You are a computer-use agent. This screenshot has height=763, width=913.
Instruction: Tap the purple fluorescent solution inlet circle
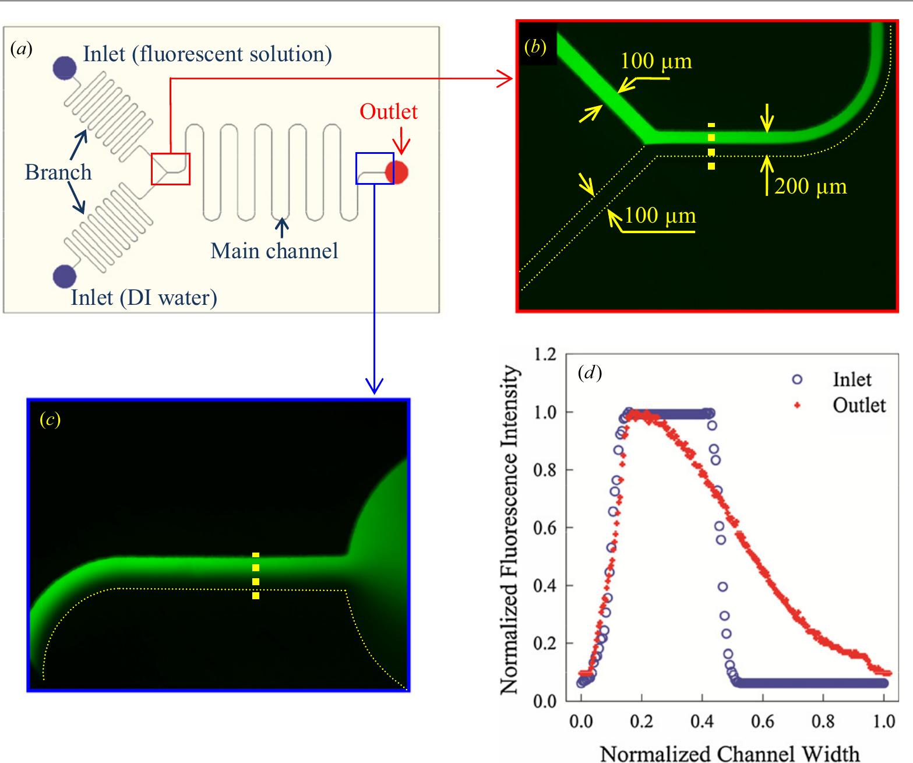pyautogui.click(x=64, y=68)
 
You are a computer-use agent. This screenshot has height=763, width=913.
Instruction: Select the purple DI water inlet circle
pyautogui.click(x=64, y=276)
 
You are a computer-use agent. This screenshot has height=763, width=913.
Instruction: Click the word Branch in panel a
pyautogui.click(x=58, y=173)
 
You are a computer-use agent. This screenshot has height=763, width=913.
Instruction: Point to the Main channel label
pyautogui.click(x=274, y=251)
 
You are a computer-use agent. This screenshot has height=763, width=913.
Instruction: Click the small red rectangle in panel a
pyautogui.click(x=171, y=169)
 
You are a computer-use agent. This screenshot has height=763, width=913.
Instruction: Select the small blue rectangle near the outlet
pyautogui.click(x=375, y=168)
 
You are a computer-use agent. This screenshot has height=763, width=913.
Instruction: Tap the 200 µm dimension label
pyautogui.click(x=810, y=186)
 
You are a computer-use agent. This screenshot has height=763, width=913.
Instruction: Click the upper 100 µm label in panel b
pyautogui.click(x=656, y=61)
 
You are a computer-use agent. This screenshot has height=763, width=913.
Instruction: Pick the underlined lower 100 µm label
pyautogui.click(x=660, y=216)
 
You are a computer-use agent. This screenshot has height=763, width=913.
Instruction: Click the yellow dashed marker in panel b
pyautogui.click(x=711, y=146)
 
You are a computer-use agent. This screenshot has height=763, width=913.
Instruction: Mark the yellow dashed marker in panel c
pyautogui.click(x=256, y=575)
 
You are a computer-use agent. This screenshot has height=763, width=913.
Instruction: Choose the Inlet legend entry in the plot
pyautogui.click(x=851, y=379)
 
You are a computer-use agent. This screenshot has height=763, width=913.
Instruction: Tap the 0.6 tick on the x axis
pyautogui.click(x=762, y=722)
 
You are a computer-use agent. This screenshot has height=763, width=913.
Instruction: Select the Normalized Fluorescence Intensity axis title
pyautogui.click(x=509, y=529)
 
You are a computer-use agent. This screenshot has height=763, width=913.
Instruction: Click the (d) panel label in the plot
pyautogui.click(x=589, y=372)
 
